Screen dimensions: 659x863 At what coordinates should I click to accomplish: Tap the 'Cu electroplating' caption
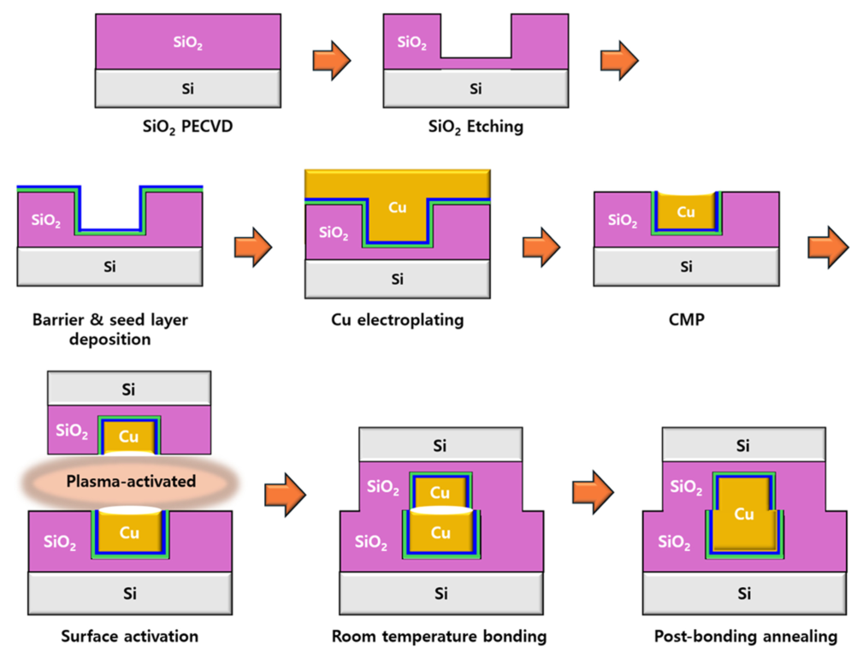click(397, 320)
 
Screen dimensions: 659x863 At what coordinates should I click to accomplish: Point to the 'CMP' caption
click(686, 320)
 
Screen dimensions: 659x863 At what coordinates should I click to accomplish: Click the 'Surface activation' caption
click(129, 636)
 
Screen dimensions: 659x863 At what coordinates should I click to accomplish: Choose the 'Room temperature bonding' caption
click(440, 636)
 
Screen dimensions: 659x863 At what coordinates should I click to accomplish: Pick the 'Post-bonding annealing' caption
click(745, 636)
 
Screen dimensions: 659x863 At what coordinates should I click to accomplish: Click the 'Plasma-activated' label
click(131, 481)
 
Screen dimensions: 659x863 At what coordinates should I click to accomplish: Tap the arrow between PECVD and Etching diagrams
click(331, 60)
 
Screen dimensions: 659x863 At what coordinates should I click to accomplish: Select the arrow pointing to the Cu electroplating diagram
click(252, 247)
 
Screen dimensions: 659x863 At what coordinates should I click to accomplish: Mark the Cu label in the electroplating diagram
click(398, 207)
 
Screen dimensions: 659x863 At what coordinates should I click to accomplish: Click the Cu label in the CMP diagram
click(686, 211)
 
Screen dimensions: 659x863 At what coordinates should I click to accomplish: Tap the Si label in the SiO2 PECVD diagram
click(188, 87)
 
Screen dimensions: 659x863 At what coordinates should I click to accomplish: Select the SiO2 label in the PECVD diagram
click(188, 41)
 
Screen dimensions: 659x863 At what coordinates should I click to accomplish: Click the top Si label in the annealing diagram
click(744, 445)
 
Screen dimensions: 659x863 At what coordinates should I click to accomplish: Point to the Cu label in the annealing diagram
click(744, 514)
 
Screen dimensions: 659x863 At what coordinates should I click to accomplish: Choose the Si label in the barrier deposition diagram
click(109, 266)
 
